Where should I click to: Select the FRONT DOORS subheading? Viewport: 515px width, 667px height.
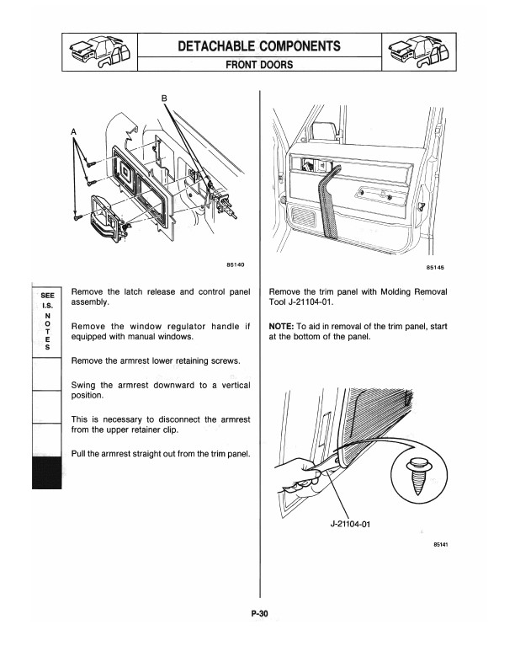pyautogui.click(x=258, y=63)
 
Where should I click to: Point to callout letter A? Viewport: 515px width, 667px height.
pyautogui.click(x=73, y=131)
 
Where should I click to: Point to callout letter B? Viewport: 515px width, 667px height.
pyautogui.click(x=165, y=99)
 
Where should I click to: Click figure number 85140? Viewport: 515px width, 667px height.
pyautogui.click(x=236, y=265)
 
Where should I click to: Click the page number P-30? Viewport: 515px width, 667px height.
pyautogui.click(x=258, y=614)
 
